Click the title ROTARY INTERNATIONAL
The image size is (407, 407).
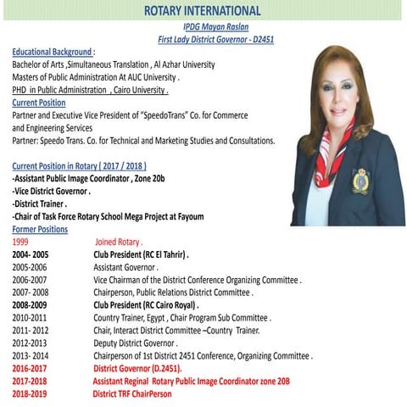[203, 10]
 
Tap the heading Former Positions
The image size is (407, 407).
[40, 229]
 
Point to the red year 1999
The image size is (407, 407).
[21, 242]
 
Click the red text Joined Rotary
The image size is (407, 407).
[119, 242]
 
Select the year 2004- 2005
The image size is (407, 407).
[31, 254]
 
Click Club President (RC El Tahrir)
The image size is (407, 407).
[141, 254]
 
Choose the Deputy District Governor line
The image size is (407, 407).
[136, 343]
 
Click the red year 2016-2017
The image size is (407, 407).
[31, 369]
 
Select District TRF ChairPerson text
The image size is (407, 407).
[132, 394]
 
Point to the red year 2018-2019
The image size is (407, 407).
[31, 394]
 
